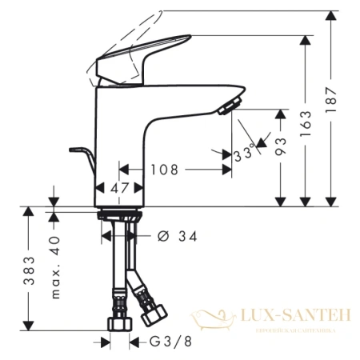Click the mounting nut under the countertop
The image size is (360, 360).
click(119, 215)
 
